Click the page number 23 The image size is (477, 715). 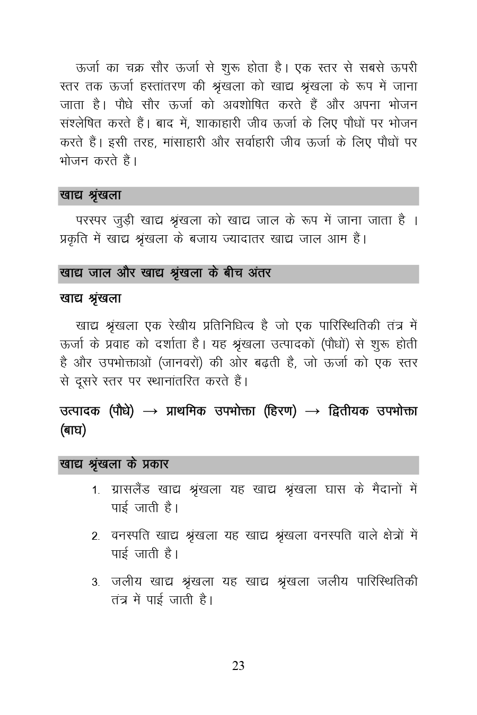click(238, 666)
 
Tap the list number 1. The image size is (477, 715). click(95, 491)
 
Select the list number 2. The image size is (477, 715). click(95, 537)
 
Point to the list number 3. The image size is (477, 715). click(95, 583)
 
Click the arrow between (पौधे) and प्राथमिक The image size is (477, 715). click(150, 412)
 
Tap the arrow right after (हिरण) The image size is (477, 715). click(313, 412)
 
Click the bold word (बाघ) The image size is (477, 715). click(73, 430)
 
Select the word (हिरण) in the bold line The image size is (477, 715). click(279, 411)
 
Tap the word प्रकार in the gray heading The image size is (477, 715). click(156, 464)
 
